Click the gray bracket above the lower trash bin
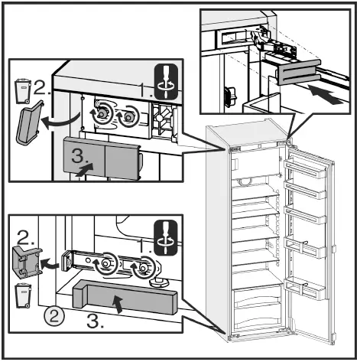coord(28,262)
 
